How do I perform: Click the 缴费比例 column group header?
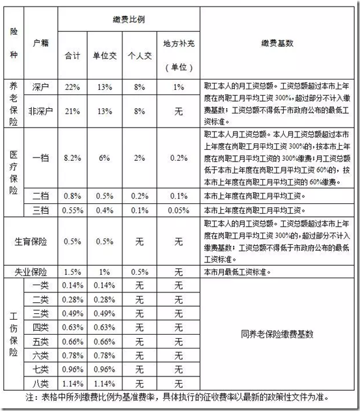tap(128, 20)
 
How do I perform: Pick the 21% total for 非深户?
tap(72, 111)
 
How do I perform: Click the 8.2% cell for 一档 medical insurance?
tap(72, 157)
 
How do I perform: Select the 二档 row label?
tap(41, 195)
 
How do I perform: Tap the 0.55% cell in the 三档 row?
tap(72, 210)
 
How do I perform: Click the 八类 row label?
tap(41, 383)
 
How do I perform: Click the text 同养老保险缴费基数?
tap(278, 334)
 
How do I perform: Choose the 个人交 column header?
tap(141, 56)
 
